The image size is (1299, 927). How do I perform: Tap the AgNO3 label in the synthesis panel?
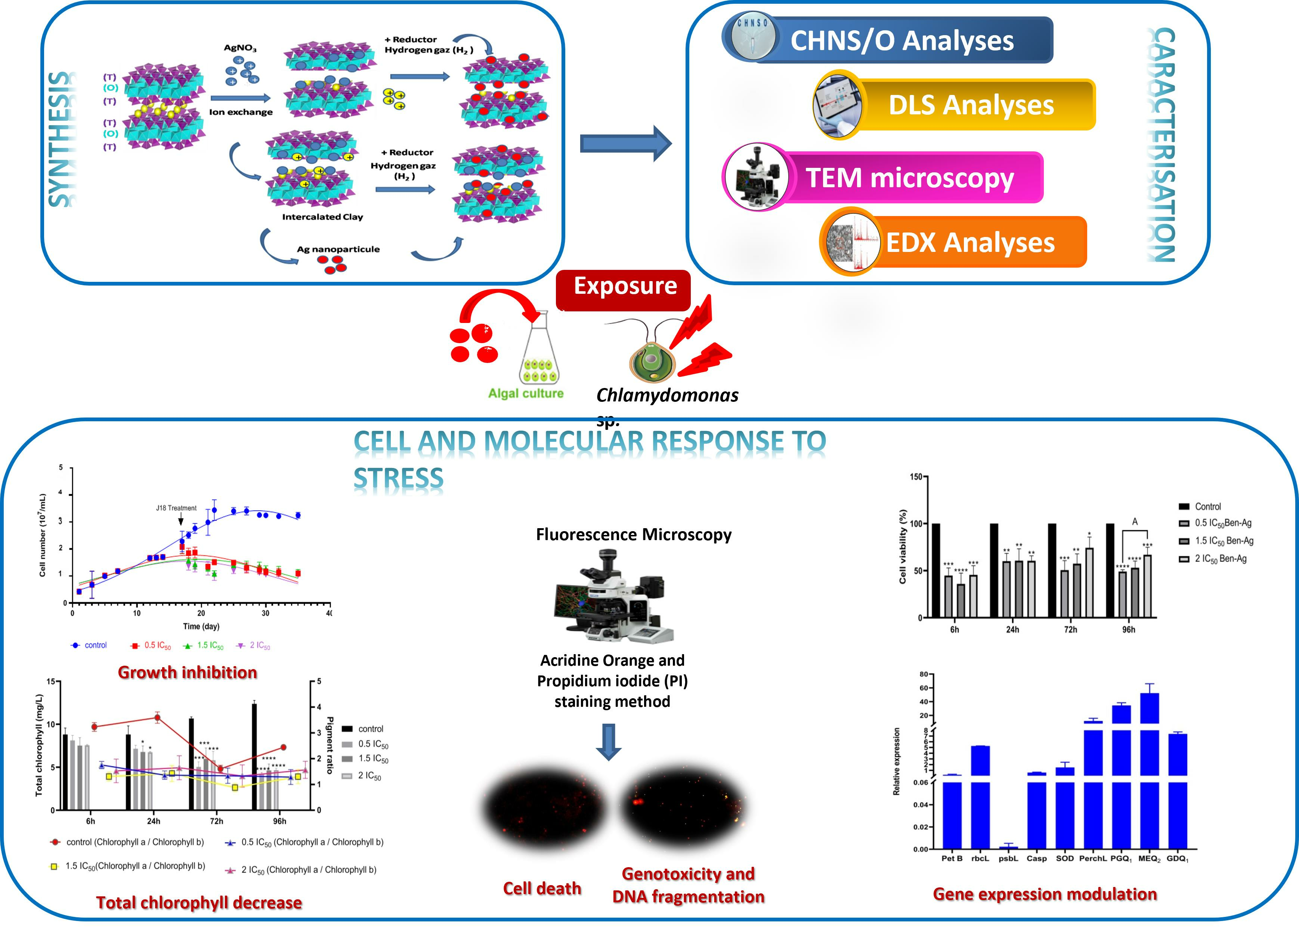[240, 48]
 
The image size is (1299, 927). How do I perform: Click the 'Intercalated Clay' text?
[322, 217]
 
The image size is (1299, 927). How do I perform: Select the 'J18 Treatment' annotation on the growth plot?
[176, 508]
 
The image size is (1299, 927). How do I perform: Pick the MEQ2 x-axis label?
[1149, 859]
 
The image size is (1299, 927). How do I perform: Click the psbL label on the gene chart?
[1008, 859]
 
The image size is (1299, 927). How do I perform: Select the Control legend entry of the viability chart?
[1207, 507]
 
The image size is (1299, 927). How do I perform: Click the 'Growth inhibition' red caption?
[187, 672]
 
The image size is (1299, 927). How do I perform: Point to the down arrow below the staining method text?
[609, 742]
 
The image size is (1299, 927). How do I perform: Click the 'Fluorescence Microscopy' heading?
[633, 535]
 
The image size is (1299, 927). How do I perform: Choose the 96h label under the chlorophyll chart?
[279, 821]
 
